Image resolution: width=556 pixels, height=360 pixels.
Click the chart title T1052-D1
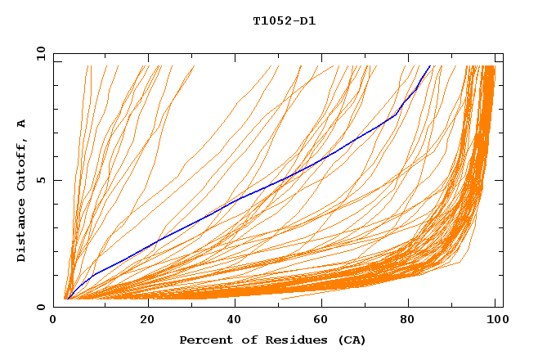[284, 21]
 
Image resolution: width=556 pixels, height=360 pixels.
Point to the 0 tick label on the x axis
[53, 320]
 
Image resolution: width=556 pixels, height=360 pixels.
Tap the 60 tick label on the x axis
[323, 320]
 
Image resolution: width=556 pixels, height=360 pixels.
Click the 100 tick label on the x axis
[495, 320]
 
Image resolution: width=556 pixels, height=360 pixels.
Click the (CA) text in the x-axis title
[352, 340]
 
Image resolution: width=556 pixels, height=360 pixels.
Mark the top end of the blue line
[430, 65]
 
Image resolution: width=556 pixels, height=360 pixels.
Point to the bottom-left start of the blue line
[68, 299]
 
